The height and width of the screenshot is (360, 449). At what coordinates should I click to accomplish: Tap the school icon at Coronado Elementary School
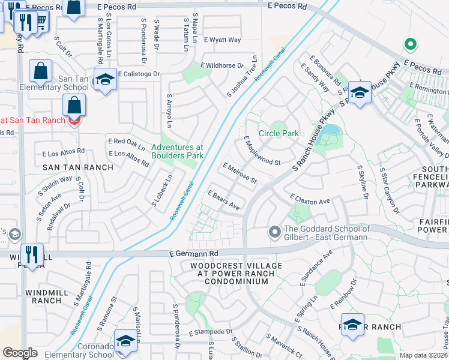coord(125,341)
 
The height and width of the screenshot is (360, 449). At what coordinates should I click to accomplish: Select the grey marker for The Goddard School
coord(275,231)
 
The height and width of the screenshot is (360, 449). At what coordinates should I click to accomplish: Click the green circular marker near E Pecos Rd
coord(411,44)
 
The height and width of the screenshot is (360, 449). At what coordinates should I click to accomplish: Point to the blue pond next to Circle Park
coord(331,130)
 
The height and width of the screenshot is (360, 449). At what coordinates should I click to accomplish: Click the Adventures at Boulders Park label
coord(177,151)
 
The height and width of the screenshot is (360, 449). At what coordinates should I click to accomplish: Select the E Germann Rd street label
coord(191,254)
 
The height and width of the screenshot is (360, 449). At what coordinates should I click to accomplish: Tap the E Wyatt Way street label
coord(222,40)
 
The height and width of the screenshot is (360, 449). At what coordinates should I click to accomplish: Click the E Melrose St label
coord(240,173)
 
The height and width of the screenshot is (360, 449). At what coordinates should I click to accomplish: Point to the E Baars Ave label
coord(223,201)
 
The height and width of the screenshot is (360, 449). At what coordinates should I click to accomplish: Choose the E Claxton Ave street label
coord(310,199)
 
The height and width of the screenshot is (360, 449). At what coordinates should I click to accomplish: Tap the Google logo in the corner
coord(20,353)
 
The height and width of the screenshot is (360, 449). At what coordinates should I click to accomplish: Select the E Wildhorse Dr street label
coord(223,65)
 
